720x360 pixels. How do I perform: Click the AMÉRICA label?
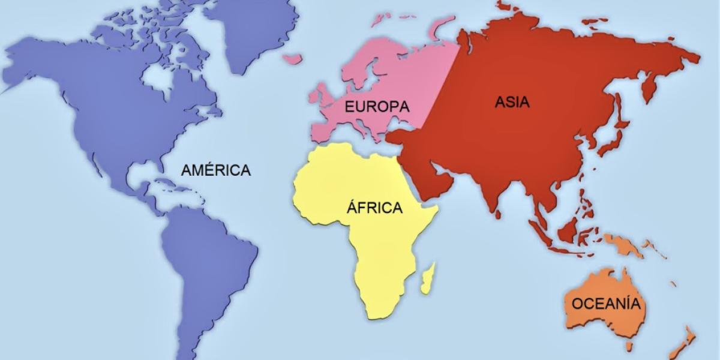216,170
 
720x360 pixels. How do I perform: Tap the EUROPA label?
377,106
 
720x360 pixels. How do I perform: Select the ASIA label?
512,102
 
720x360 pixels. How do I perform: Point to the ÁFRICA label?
374,208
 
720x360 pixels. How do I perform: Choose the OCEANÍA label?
606,303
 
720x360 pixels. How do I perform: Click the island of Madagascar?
428,280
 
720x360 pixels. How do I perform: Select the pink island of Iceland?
293,59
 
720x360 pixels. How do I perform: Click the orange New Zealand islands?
684,342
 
